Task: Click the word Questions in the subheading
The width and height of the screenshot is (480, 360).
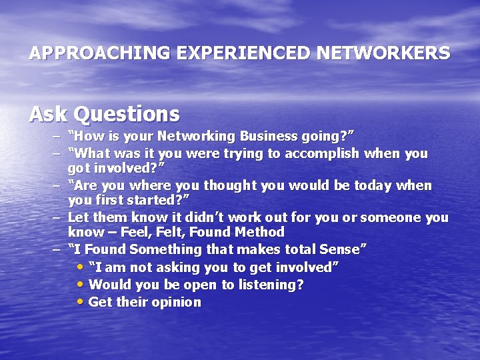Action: click(x=127, y=115)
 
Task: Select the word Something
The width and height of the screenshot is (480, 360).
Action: click(x=165, y=249)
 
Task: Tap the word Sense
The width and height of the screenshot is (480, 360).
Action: click(x=341, y=249)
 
